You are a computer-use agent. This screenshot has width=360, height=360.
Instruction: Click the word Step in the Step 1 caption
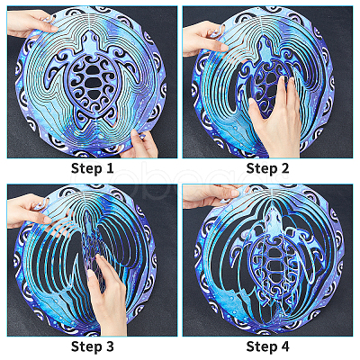[85, 168]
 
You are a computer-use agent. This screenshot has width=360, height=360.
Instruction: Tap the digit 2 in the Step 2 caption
[283, 168]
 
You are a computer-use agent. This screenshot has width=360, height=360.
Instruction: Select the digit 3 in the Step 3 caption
[109, 346]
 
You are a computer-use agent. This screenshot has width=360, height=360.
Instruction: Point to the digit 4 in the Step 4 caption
[284, 346]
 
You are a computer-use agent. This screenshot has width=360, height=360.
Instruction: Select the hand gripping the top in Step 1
[31, 22]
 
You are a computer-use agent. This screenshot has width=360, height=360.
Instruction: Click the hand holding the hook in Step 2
[204, 39]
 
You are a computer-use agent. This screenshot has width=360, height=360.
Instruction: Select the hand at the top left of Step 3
[29, 211]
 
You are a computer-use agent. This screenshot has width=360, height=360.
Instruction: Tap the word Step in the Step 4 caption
[261, 346]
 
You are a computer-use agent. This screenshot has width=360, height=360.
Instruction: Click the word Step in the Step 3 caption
[85, 346]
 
